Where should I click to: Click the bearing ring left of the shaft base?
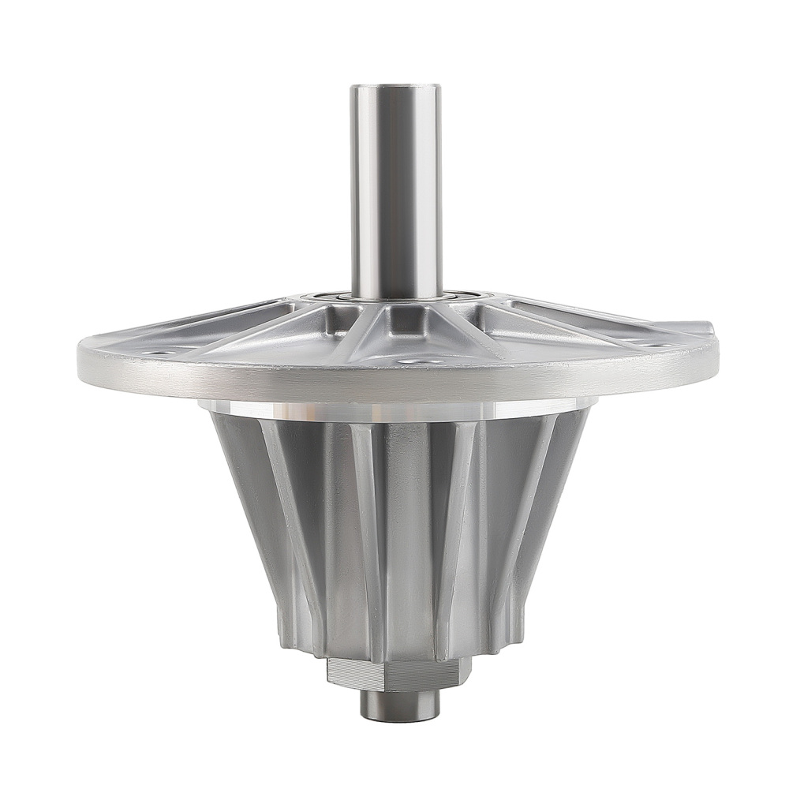coord(327,297)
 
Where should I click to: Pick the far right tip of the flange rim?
coord(716,347)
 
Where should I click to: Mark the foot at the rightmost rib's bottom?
coord(517,631)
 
